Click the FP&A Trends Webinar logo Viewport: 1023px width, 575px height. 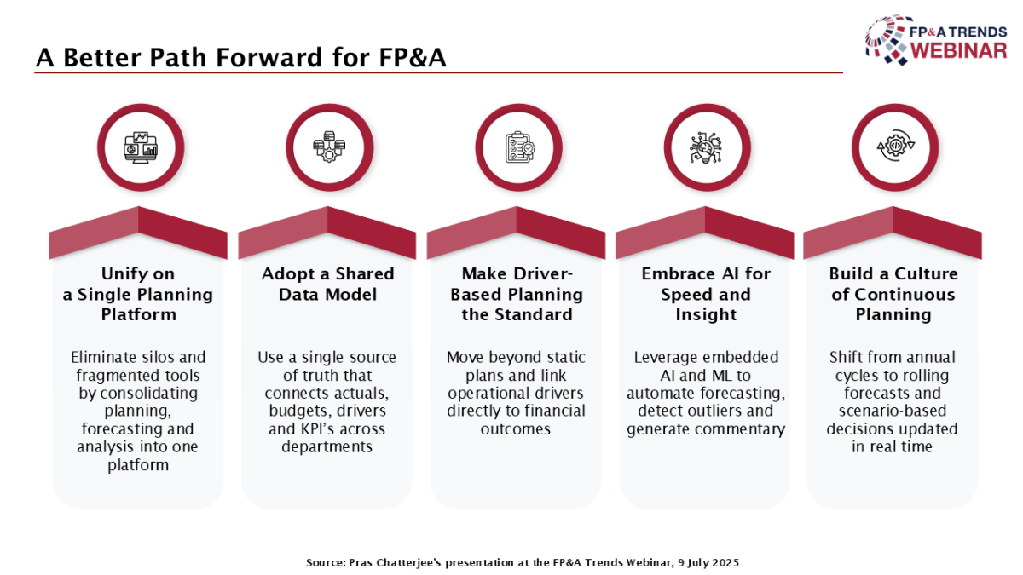[x=936, y=40]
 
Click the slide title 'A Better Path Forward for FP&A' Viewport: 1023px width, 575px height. [x=240, y=58]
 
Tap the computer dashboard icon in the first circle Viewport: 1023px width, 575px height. [x=141, y=147]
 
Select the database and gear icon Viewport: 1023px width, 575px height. [x=329, y=147]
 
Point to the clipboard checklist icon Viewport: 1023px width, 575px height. [x=520, y=147]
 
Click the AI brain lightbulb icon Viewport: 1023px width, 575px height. [x=706, y=147]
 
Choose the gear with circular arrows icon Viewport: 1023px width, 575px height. [x=896, y=146]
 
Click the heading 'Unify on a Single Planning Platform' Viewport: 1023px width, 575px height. [x=138, y=295]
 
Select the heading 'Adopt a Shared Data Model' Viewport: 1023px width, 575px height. [x=328, y=284]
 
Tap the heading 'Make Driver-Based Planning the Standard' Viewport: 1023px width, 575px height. [x=517, y=295]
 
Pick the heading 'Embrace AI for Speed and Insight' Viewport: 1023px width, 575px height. [x=706, y=295]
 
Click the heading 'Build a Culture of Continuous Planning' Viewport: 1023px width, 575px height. [x=893, y=295]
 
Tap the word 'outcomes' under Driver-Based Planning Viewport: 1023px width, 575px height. [x=516, y=429]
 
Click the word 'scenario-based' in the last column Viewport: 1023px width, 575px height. [x=893, y=411]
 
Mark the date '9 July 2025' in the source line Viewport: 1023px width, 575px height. [x=708, y=563]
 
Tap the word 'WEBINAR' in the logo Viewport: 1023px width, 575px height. [x=959, y=50]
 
